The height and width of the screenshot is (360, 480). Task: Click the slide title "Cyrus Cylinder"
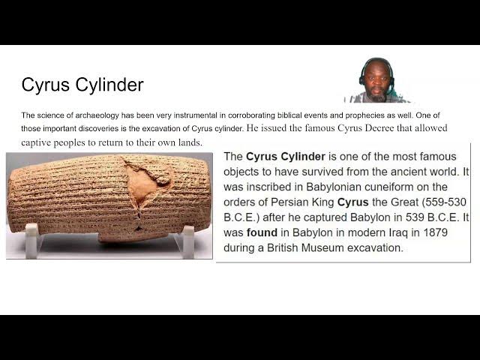pos(82,85)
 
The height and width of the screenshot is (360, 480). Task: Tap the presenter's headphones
pos(365,70)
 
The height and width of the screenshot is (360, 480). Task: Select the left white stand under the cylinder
pos(31,240)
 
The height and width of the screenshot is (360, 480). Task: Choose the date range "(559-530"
pos(439,202)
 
